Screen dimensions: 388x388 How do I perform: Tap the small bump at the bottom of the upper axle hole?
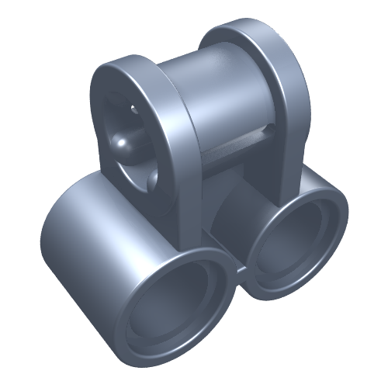coord(149,180)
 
